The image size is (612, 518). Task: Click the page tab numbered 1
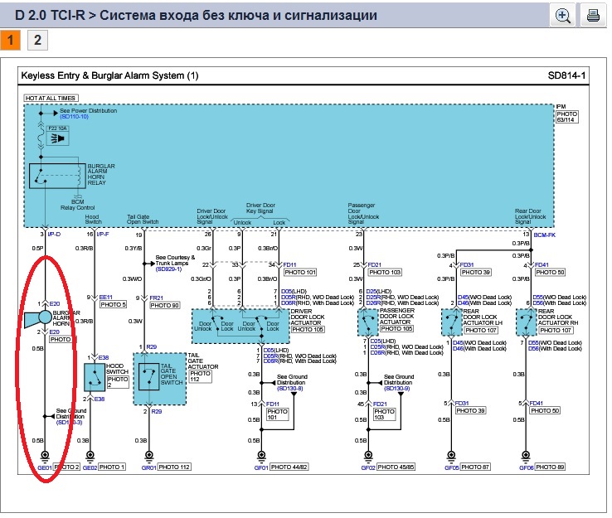[11, 40]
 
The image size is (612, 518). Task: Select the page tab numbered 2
[36, 40]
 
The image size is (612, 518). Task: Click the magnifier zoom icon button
[563, 15]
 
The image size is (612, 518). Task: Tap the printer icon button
[593, 15]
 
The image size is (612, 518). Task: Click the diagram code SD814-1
[566, 76]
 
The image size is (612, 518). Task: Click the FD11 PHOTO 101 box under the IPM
[300, 271]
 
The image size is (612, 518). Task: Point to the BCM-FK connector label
[544, 235]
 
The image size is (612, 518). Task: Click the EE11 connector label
[105, 296]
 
